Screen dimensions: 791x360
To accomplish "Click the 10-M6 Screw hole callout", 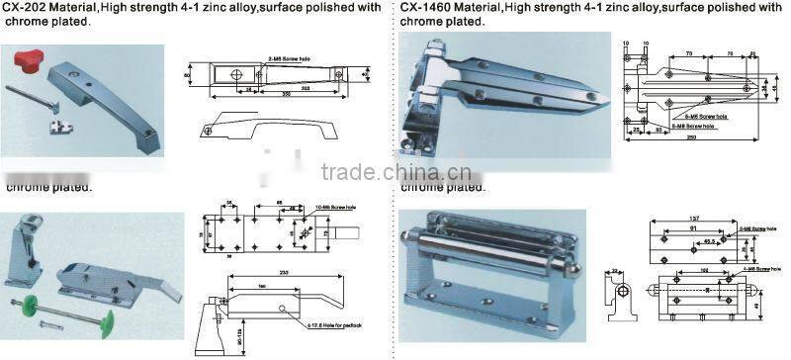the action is tap(335, 206).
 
